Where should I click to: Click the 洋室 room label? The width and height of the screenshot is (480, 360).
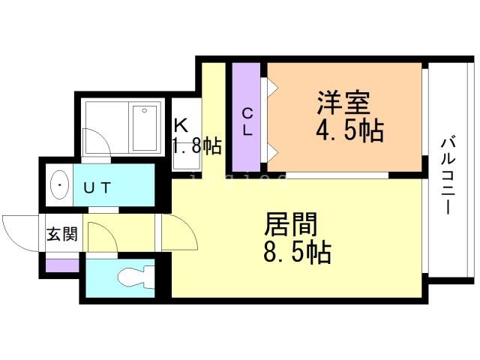(343, 102)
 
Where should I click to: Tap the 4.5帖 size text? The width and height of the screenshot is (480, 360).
(349, 130)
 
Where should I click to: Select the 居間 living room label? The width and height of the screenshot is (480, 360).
(290, 224)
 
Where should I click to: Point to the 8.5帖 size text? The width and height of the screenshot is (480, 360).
(297, 253)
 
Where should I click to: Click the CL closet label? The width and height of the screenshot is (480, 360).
(247, 122)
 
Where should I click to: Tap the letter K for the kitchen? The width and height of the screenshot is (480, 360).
(181, 125)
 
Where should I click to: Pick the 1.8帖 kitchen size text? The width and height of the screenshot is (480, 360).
(196, 145)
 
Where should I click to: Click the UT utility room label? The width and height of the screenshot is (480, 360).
(97, 187)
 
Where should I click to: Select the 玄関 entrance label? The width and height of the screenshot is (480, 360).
(62, 234)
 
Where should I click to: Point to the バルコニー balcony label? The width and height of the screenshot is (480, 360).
(448, 175)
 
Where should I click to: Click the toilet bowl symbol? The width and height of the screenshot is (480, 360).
(136, 277)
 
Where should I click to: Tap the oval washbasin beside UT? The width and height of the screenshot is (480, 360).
(60, 185)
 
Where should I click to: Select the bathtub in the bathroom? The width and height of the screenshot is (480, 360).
(145, 128)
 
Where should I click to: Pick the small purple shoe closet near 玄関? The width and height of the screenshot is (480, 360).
(62, 265)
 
